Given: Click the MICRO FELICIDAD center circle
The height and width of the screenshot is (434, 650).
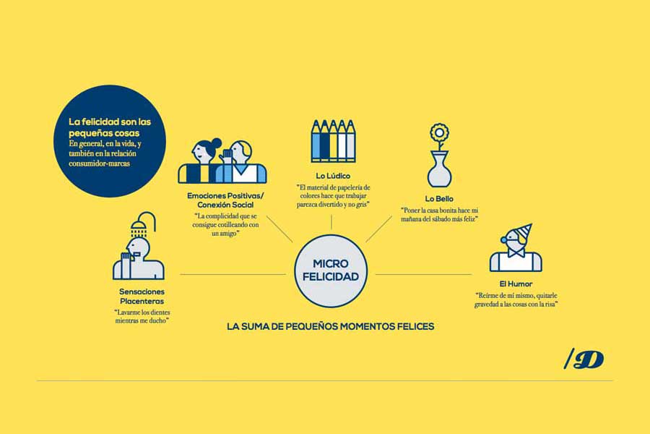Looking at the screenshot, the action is [x=330, y=271].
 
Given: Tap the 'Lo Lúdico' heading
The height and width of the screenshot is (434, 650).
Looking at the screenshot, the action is [x=333, y=176].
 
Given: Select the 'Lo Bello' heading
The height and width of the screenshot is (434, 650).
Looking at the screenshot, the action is [x=439, y=199].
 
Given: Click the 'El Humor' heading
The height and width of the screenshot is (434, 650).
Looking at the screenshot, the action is [x=516, y=284].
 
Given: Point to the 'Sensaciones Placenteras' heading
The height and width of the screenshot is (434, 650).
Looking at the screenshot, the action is [x=142, y=297].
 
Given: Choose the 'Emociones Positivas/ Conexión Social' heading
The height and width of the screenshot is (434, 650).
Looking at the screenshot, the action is [x=225, y=200].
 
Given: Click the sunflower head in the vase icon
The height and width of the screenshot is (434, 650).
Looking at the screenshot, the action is [x=439, y=132].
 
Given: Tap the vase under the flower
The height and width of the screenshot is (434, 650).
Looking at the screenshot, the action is [x=439, y=169].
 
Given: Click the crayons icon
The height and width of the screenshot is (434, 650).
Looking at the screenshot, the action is [x=333, y=141].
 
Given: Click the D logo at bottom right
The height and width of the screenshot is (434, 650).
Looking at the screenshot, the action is [x=584, y=359].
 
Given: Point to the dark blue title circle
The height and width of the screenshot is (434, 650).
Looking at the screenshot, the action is [x=110, y=141].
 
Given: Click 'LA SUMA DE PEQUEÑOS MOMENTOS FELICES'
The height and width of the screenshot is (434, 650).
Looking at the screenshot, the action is [x=330, y=326].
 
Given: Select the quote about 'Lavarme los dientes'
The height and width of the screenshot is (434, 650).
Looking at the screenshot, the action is [x=142, y=317].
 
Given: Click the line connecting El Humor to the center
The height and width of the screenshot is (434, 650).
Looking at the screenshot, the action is [x=423, y=274].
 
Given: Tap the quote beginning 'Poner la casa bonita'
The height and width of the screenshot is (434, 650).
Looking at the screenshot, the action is [x=439, y=215].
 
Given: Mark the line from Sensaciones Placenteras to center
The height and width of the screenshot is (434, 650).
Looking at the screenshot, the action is [x=233, y=274].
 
